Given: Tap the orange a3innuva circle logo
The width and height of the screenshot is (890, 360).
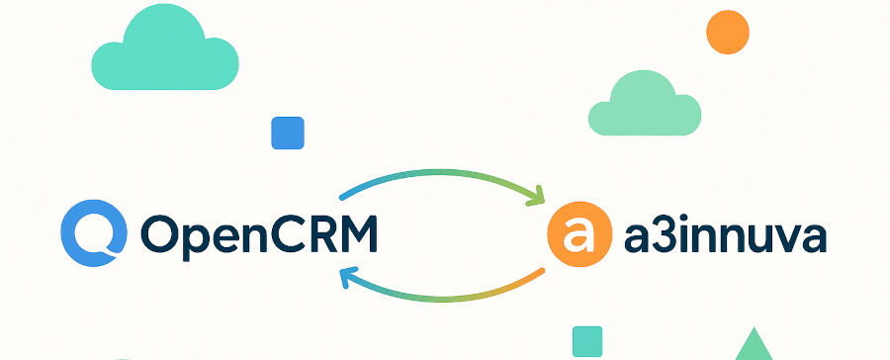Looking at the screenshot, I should [x=576, y=233].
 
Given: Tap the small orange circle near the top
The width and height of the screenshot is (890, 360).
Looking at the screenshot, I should [x=728, y=32].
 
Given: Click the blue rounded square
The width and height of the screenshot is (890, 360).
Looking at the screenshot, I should [x=287, y=133].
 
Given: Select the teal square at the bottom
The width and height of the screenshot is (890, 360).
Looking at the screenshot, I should [x=587, y=341].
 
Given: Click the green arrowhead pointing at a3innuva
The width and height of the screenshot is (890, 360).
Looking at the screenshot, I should [x=537, y=196].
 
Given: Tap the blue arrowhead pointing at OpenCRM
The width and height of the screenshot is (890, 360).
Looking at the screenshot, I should [x=348, y=277].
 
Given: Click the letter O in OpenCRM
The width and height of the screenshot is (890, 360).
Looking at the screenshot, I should [x=163, y=233].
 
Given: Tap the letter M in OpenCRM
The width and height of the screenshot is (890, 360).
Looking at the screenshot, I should [x=355, y=233].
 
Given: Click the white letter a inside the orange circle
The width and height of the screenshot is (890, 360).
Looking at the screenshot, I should [x=576, y=234].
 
